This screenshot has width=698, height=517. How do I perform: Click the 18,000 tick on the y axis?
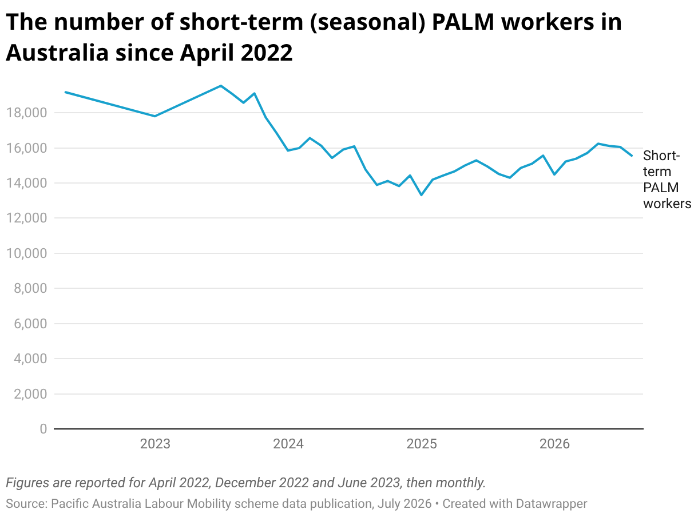pyautogui.click(x=26, y=113)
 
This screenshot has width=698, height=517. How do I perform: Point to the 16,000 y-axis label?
pyautogui.click(x=26, y=148)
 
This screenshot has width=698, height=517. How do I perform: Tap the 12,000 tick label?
pyautogui.click(x=26, y=218)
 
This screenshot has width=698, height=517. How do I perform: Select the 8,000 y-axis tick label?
pyautogui.click(x=30, y=288)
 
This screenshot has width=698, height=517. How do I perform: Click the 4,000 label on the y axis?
pyautogui.click(x=30, y=359)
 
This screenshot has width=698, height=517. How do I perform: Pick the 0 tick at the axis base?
pyautogui.click(x=43, y=428)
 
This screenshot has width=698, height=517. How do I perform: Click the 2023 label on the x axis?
pyautogui.click(x=155, y=444)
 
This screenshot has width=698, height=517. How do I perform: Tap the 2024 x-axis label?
pyautogui.click(x=288, y=444)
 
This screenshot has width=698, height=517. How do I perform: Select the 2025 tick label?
pyautogui.click(x=422, y=444)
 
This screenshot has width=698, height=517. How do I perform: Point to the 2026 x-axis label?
pyautogui.click(x=554, y=444)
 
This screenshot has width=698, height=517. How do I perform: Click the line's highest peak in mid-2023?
pyautogui.click(x=221, y=86)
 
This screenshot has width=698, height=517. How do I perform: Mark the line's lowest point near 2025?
pyautogui.click(x=422, y=195)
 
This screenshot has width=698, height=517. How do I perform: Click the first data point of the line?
pyautogui.click(x=65, y=92)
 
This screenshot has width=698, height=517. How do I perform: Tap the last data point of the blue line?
pyautogui.click(x=632, y=156)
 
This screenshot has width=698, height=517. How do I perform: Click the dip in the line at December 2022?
pyautogui.click(x=155, y=116)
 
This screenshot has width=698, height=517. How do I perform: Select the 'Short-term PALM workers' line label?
pyautogui.click(x=667, y=180)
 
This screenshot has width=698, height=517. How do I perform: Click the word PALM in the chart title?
pyautogui.click(x=463, y=22)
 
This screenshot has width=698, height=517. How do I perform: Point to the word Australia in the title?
pyautogui.click(x=57, y=52)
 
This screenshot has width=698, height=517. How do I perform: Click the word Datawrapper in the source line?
pyautogui.click(x=552, y=503)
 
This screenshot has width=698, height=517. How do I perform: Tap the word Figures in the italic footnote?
pyautogui.click(x=27, y=483)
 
